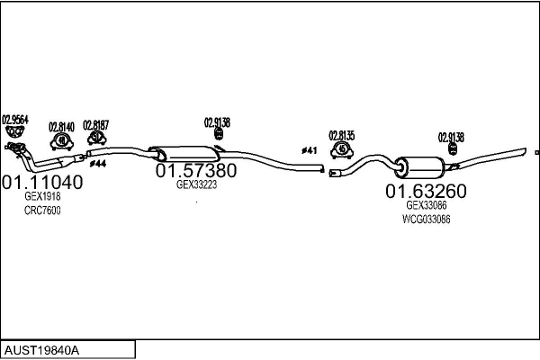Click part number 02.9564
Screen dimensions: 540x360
[15, 119]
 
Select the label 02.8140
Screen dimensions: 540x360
[61, 127]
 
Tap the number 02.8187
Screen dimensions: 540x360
[95, 125]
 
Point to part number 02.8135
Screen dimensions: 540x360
[342, 135]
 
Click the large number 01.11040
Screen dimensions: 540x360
[42, 182]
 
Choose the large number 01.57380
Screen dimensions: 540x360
[196, 170]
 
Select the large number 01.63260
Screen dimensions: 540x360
[427, 191]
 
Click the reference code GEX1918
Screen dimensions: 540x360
[42, 196]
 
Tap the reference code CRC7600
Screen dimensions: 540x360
[42, 211]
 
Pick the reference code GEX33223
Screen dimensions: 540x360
[196, 184]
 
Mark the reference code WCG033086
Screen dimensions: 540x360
[427, 220]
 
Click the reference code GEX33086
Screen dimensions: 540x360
[427, 205]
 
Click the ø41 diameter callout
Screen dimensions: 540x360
[309, 150]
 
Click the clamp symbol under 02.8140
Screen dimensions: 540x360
[61, 140]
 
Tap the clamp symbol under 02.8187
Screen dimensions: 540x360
[95, 138]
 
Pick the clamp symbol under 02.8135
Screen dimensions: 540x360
[342, 148]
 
